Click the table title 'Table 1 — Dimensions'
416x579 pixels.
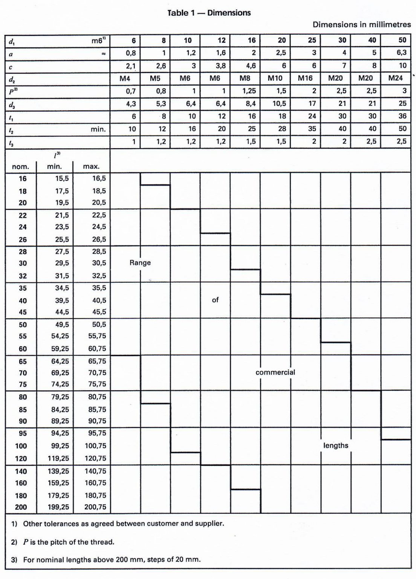(209, 13)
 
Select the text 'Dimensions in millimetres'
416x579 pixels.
(361, 25)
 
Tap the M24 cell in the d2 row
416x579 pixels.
(395, 78)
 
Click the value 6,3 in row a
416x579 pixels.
(401, 53)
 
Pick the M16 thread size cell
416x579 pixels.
(305, 78)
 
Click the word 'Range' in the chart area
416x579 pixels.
(140, 263)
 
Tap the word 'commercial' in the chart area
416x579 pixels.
(275, 372)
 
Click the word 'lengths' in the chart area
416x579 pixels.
(335, 446)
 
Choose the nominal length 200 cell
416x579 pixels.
(21, 507)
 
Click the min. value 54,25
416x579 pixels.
(60, 336)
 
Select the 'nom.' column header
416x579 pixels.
(20, 166)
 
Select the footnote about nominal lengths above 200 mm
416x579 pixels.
(112, 559)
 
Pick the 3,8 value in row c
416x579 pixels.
(221, 66)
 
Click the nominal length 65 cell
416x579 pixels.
(23, 361)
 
